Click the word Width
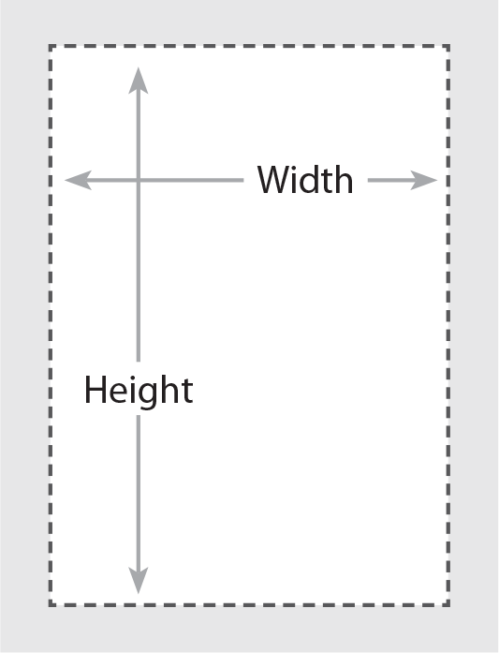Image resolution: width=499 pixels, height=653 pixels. click(x=305, y=180)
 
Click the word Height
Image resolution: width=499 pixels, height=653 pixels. click(x=139, y=391)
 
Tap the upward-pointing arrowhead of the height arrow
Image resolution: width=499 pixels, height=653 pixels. click(x=139, y=81)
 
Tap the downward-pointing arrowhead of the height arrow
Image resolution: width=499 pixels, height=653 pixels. click(x=139, y=581)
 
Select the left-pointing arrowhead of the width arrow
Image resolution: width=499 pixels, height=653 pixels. click(x=79, y=180)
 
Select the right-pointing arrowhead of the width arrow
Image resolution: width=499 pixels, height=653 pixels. click(x=424, y=180)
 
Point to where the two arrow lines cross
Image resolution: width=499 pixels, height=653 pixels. click(x=139, y=180)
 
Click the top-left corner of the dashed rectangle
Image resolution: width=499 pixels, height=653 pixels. click(x=51, y=46)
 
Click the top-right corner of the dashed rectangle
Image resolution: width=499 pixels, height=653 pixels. click(x=448, y=46)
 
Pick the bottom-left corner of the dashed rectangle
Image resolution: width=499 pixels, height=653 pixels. click(x=51, y=604)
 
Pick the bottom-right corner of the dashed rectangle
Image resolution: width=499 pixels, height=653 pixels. click(x=448, y=604)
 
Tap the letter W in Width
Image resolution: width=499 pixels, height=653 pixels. click(x=274, y=180)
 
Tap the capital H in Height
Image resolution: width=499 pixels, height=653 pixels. click(x=95, y=390)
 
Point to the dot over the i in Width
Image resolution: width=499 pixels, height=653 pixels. click(x=297, y=169)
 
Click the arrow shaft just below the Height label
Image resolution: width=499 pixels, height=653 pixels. click(x=139, y=492)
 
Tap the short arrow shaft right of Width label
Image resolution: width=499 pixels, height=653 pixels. click(x=389, y=180)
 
